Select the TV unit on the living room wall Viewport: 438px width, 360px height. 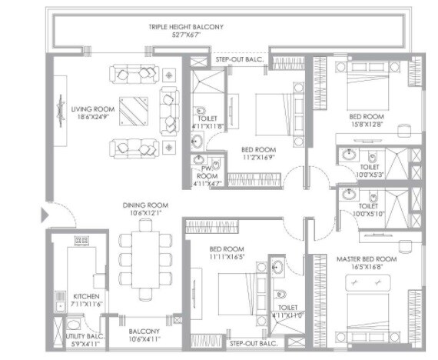coord(61,114)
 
